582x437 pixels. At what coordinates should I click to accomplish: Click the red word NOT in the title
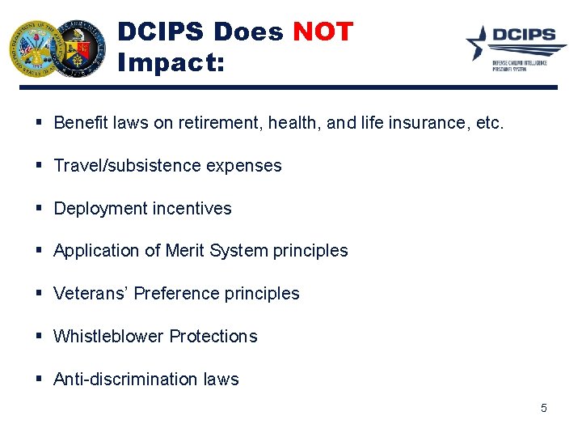coord(323,32)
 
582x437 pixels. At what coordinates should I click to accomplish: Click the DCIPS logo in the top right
coord(512,48)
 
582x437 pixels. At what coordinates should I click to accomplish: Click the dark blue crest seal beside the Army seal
coord(79,49)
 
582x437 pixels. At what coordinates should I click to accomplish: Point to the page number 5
coord(543,408)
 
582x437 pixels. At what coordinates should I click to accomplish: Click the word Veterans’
coord(91,294)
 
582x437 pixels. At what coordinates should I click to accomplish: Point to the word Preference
coord(177,294)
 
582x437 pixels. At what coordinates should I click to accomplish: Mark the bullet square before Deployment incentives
coord(40,209)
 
